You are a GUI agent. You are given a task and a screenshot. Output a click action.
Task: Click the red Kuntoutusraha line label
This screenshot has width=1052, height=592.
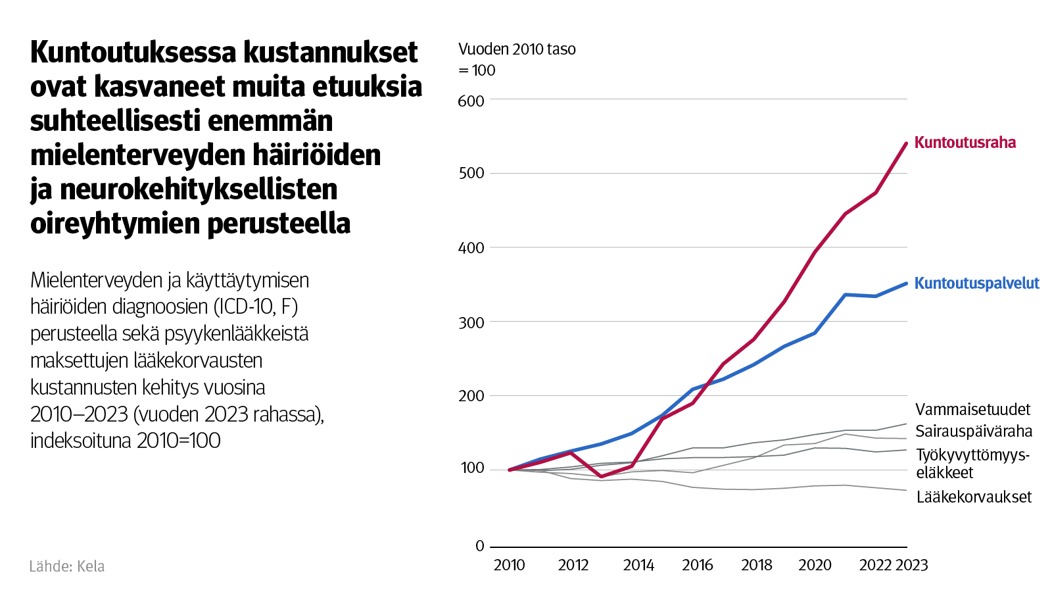(x=965, y=143)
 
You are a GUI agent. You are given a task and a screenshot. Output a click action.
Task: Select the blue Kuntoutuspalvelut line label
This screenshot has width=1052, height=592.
(x=976, y=284)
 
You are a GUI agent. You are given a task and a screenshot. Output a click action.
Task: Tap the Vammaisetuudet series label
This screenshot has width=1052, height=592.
(x=972, y=410)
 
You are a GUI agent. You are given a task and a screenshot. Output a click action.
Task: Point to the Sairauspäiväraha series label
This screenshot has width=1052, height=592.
(x=974, y=432)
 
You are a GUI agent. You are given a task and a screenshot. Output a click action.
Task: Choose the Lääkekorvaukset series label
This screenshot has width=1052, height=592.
(x=974, y=497)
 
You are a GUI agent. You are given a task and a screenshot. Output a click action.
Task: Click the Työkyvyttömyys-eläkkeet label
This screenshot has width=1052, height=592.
(x=972, y=464)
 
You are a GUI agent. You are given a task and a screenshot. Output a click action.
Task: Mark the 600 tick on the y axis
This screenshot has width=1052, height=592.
(x=471, y=101)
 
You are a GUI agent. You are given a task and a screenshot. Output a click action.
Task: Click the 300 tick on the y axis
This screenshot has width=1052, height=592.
(x=471, y=323)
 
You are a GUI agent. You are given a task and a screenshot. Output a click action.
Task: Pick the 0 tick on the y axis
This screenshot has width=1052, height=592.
(x=479, y=546)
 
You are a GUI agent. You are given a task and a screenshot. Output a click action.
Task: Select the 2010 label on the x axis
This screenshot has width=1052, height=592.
(x=509, y=566)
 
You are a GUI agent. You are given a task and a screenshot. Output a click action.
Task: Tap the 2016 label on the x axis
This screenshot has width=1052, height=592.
(x=697, y=566)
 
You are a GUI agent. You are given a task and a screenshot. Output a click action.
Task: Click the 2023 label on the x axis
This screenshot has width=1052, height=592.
(x=911, y=566)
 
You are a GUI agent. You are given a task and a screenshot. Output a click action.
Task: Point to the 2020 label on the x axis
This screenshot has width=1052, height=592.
(x=815, y=566)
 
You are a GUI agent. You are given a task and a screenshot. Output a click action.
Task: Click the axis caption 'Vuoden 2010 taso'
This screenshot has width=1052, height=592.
(x=517, y=49)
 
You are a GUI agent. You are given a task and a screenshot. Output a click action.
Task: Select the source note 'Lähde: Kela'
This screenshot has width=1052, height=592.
(x=66, y=566)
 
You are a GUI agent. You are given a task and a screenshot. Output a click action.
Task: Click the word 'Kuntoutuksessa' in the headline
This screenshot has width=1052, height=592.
(x=134, y=53)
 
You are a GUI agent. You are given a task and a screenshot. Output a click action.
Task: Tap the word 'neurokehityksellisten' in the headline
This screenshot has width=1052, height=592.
(x=198, y=189)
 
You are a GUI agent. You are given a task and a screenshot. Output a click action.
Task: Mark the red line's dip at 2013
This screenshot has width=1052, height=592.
(x=601, y=476)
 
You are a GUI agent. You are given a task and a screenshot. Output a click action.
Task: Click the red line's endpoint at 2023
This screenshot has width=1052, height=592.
(x=906, y=143)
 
